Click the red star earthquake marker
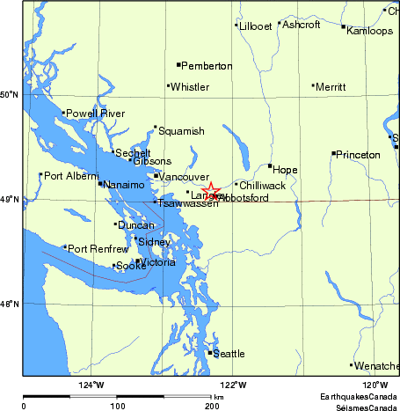click(211, 190)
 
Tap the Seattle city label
click(229, 354)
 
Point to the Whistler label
click(190, 87)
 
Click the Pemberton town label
click(207, 66)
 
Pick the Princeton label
click(359, 155)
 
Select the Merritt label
click(331, 87)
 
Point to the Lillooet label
click(256, 26)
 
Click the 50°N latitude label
click(9, 95)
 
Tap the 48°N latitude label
click(9, 305)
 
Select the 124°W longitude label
click(91, 385)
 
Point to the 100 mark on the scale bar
click(117, 407)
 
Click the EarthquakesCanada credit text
click(359, 398)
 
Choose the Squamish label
click(182, 131)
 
